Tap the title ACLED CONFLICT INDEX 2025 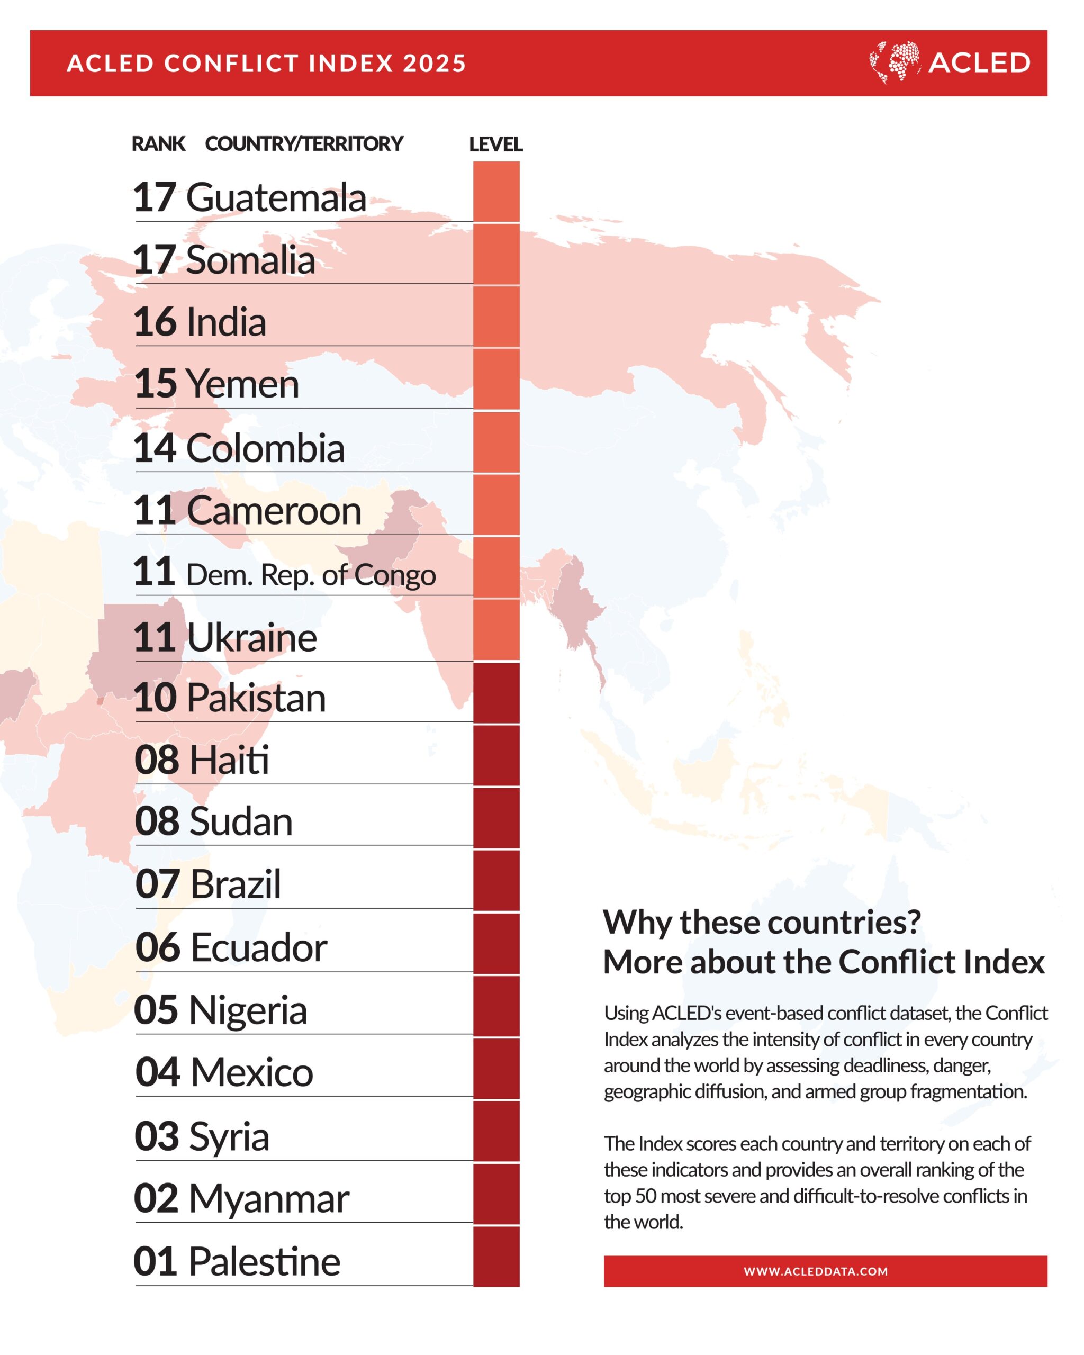pyautogui.click(x=266, y=64)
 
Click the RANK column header pyautogui.click(x=158, y=144)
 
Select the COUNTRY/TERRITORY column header pyautogui.click(x=304, y=144)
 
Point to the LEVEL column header pyautogui.click(x=496, y=144)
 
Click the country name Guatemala pyautogui.click(x=276, y=198)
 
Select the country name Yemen pyautogui.click(x=242, y=384)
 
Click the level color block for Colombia pyautogui.click(x=496, y=442)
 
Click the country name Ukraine pyautogui.click(x=251, y=638)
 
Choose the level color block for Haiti pyautogui.click(x=496, y=755)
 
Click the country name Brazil pyautogui.click(x=235, y=884)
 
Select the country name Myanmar pyautogui.click(x=269, y=1198)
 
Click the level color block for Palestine pyautogui.click(x=496, y=1257)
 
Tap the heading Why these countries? pyautogui.click(x=762, y=923)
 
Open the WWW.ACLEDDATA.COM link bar pyautogui.click(x=825, y=1271)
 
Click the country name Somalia pyautogui.click(x=250, y=259)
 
